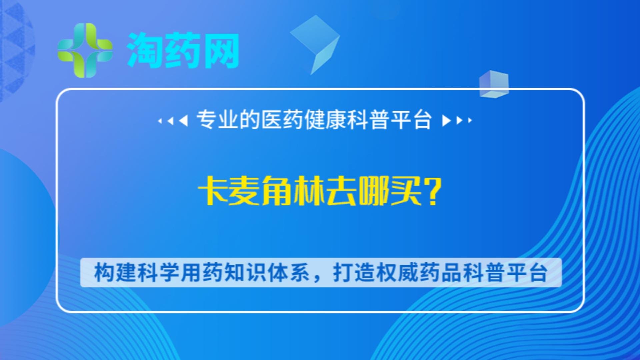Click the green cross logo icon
point(85,50)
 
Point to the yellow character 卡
point(212,191)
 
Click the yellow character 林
point(309,191)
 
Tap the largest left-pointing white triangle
point(183,120)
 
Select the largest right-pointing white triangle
point(446,120)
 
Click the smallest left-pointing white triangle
point(160,121)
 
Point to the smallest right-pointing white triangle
point(470,120)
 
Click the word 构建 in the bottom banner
point(115,273)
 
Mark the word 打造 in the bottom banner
point(354,273)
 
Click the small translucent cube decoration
point(494,84)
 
